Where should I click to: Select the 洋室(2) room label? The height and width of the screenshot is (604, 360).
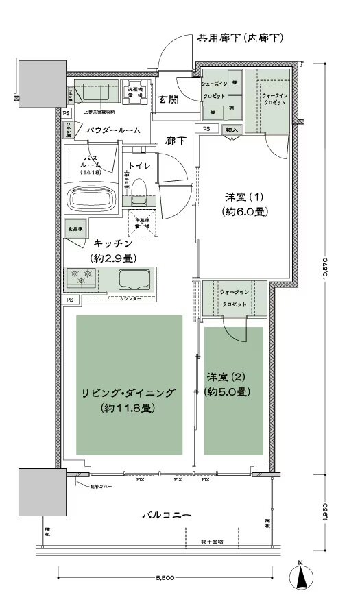pyautogui.click(x=226, y=383)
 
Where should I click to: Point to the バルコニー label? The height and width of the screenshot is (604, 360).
pyautogui.click(x=167, y=514)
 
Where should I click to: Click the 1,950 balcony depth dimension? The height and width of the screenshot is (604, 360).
pyautogui.click(x=331, y=513)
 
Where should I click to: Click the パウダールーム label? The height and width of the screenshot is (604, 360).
pyautogui.click(x=113, y=129)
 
